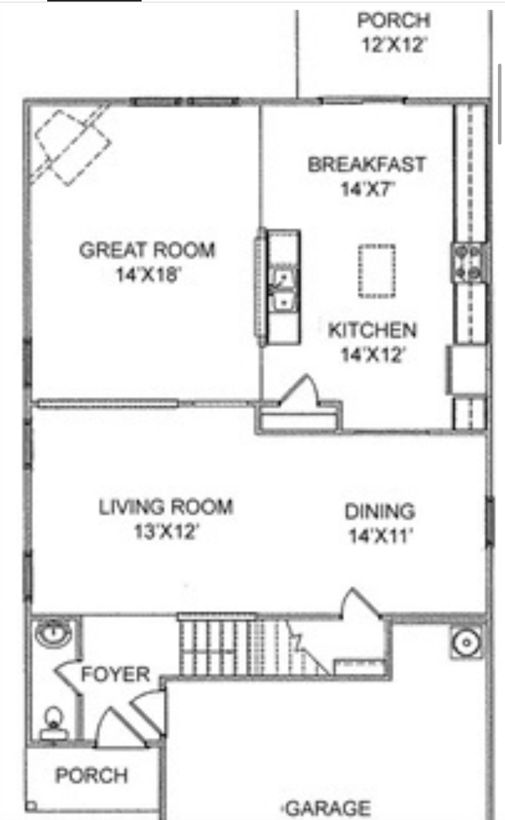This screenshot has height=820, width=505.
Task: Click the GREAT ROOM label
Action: click(147, 250)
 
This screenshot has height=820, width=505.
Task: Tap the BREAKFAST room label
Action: click(366, 164)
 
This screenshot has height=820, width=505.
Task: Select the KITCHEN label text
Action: click(372, 330)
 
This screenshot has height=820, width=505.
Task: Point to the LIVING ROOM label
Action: click(166, 507)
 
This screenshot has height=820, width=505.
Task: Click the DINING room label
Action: click(380, 511)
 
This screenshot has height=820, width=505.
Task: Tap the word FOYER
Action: click(115, 675)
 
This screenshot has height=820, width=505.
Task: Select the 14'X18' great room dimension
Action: click(148, 275)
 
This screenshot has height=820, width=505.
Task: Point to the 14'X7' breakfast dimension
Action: click(367, 189)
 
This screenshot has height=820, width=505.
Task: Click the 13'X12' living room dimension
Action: click(166, 532)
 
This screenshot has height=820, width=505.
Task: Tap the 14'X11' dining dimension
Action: click(380, 535)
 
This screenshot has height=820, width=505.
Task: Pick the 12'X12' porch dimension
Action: click(394, 45)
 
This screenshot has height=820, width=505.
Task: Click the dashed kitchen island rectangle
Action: click(376, 271)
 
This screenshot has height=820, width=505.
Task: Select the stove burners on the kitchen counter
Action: click(468, 261)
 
